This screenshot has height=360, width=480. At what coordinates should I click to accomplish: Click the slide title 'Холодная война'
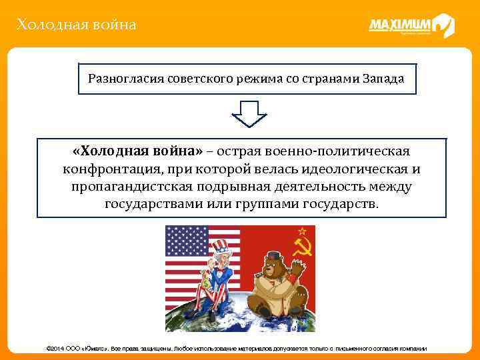tap(77, 25)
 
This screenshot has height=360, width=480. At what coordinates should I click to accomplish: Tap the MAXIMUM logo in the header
tap(411, 26)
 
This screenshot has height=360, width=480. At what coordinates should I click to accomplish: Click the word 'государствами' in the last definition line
tap(148, 203)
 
